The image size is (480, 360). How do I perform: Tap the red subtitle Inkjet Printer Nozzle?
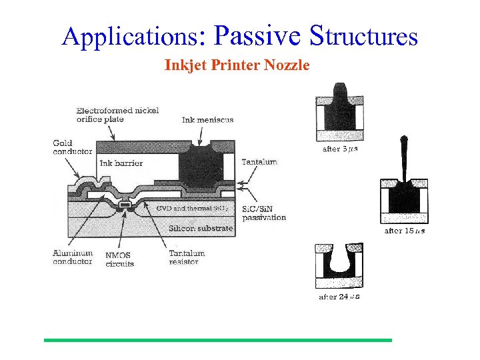(x=237, y=65)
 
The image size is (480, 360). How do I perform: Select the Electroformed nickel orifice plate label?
(x=117, y=115)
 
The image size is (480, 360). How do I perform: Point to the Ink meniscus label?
(x=207, y=120)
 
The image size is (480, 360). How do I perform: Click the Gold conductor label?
(x=72, y=147)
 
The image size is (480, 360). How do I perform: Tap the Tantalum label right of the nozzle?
(x=259, y=162)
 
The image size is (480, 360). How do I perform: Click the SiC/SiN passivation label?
(x=264, y=213)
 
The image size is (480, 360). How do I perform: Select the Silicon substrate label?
(x=201, y=229)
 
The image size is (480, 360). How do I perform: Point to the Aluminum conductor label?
(x=72, y=257)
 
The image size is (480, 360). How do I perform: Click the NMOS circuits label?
(x=119, y=259)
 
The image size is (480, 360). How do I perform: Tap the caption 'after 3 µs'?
(x=340, y=149)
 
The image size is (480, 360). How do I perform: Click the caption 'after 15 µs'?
(x=404, y=231)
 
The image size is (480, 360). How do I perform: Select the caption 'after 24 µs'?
(x=339, y=297)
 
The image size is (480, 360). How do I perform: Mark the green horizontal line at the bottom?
(x=218, y=340)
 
